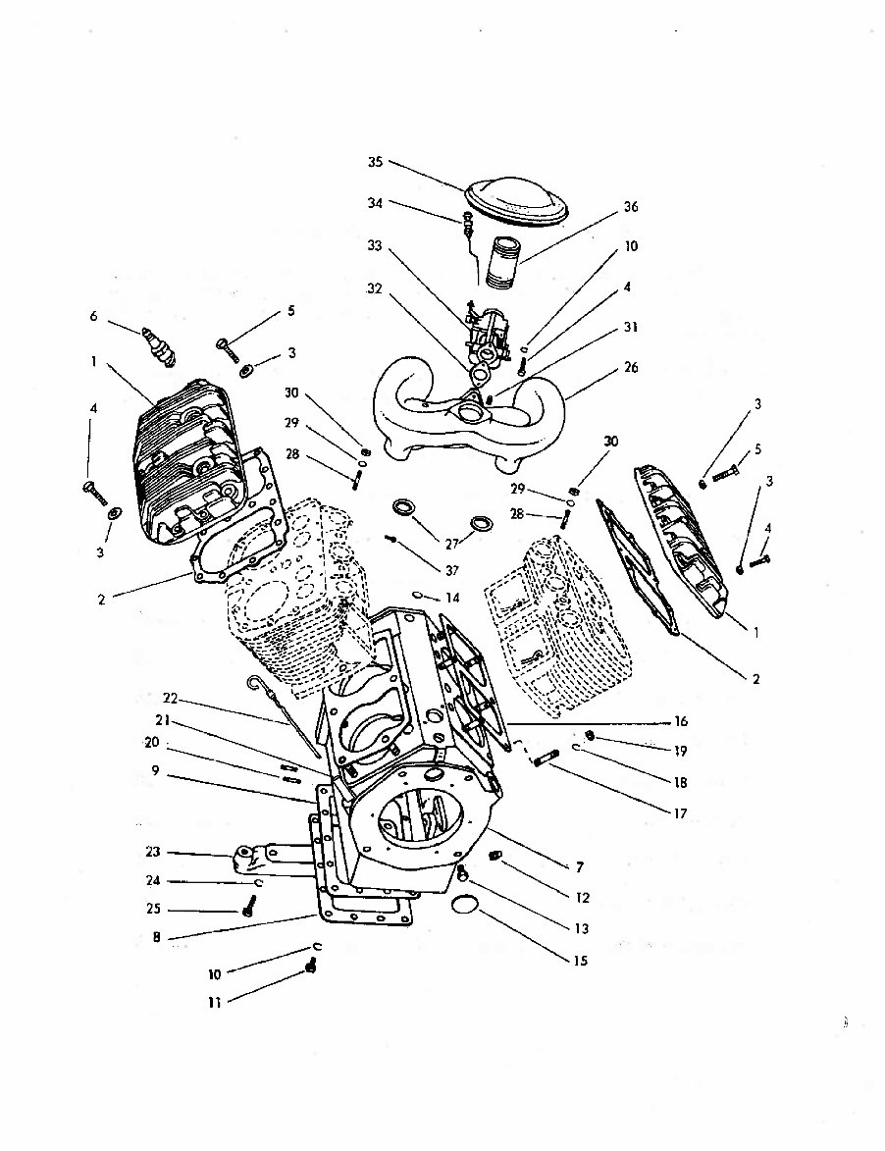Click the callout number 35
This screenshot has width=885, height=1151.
[x=376, y=163]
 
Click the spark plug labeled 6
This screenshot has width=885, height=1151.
[x=158, y=345]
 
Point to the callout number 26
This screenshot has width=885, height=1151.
[x=631, y=368]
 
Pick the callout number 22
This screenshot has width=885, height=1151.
[x=171, y=698]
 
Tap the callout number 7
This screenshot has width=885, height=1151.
[x=580, y=866]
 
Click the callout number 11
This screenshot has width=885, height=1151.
[x=213, y=1004]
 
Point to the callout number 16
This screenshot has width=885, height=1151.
[x=680, y=721]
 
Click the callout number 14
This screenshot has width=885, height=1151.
[x=451, y=598]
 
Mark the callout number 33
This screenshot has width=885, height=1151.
[x=375, y=246]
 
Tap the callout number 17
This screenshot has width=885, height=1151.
[x=680, y=813]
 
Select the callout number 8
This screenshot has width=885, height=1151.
[x=156, y=937]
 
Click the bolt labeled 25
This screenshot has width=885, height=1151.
[x=248, y=910]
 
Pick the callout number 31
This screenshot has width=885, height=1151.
[x=631, y=328]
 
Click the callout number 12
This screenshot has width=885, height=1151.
[x=582, y=897]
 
